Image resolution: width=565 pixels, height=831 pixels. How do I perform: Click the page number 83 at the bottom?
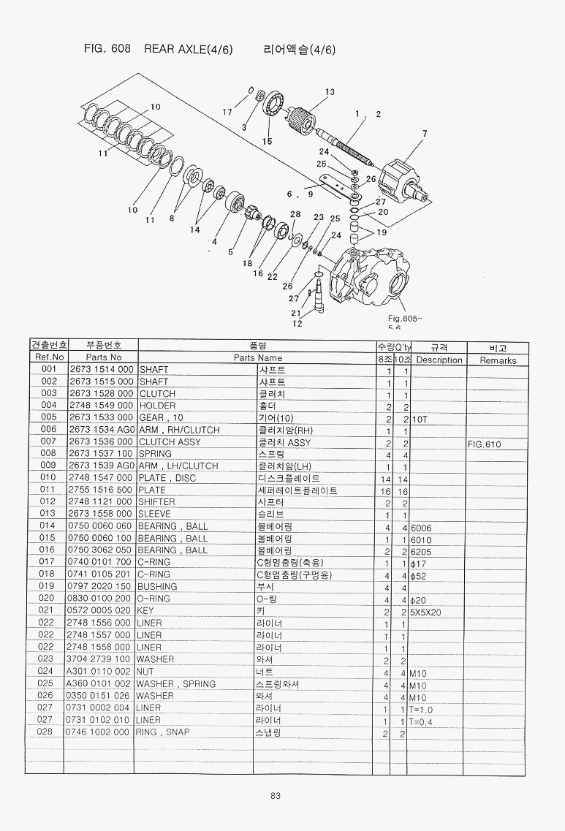[x=276, y=796]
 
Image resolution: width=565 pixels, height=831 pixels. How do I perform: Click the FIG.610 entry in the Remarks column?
[x=485, y=443]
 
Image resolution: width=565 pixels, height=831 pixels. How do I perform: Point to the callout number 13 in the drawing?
[x=330, y=92]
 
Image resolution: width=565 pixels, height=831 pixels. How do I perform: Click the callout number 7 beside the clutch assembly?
[x=424, y=133]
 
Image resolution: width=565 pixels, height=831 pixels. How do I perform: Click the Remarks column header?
[x=498, y=360]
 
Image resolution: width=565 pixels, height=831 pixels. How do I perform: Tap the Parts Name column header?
[x=257, y=358]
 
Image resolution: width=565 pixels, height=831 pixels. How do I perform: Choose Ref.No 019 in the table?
[x=49, y=587]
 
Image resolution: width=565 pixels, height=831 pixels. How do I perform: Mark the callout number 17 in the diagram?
[x=227, y=112]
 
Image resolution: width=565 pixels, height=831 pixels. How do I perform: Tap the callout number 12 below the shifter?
[x=297, y=323]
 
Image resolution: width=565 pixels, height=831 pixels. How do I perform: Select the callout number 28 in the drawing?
[x=295, y=214]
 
